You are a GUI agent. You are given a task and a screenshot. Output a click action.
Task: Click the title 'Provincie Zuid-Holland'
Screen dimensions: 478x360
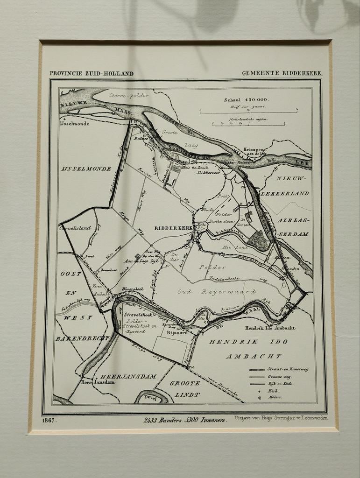coord(92,73)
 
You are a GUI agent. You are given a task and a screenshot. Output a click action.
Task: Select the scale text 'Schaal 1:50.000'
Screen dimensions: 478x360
coord(247,99)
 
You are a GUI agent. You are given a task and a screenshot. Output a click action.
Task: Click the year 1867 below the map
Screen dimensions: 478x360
coord(49,421)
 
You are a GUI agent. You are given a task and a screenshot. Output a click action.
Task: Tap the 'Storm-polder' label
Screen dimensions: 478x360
coord(128,95)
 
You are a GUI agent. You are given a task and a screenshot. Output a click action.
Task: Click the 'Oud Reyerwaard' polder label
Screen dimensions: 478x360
coord(217,292)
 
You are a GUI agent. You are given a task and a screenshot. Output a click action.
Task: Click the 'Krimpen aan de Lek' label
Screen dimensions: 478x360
coord(254,151)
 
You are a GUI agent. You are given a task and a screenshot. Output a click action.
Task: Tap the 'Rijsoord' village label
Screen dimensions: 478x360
coord(177,332)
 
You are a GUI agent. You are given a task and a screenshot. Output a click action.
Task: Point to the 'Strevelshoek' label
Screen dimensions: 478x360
coord(136,315)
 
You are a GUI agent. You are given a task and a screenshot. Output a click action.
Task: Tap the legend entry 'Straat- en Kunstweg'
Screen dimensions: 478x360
coord(288,369)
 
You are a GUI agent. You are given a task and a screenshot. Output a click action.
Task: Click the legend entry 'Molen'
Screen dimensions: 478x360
coord(275,398)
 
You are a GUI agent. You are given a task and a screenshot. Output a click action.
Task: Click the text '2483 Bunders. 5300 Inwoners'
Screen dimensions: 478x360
coord(185,420)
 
